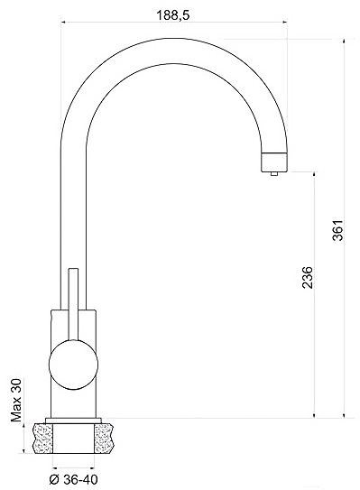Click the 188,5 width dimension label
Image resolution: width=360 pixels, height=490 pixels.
pos(173,15)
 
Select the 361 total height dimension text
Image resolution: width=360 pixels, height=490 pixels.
pos(337,230)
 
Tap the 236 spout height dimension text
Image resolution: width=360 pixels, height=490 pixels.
pos(308,277)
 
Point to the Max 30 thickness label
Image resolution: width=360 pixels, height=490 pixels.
pos(16,401)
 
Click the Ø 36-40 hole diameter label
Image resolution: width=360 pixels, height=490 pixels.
pos(73,479)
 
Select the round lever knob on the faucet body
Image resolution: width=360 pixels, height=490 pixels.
pos(73,365)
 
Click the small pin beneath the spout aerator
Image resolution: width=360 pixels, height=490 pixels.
pos(273,174)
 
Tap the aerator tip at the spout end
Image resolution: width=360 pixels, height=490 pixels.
pos(273,162)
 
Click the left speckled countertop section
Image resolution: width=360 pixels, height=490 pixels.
pos(42,439)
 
